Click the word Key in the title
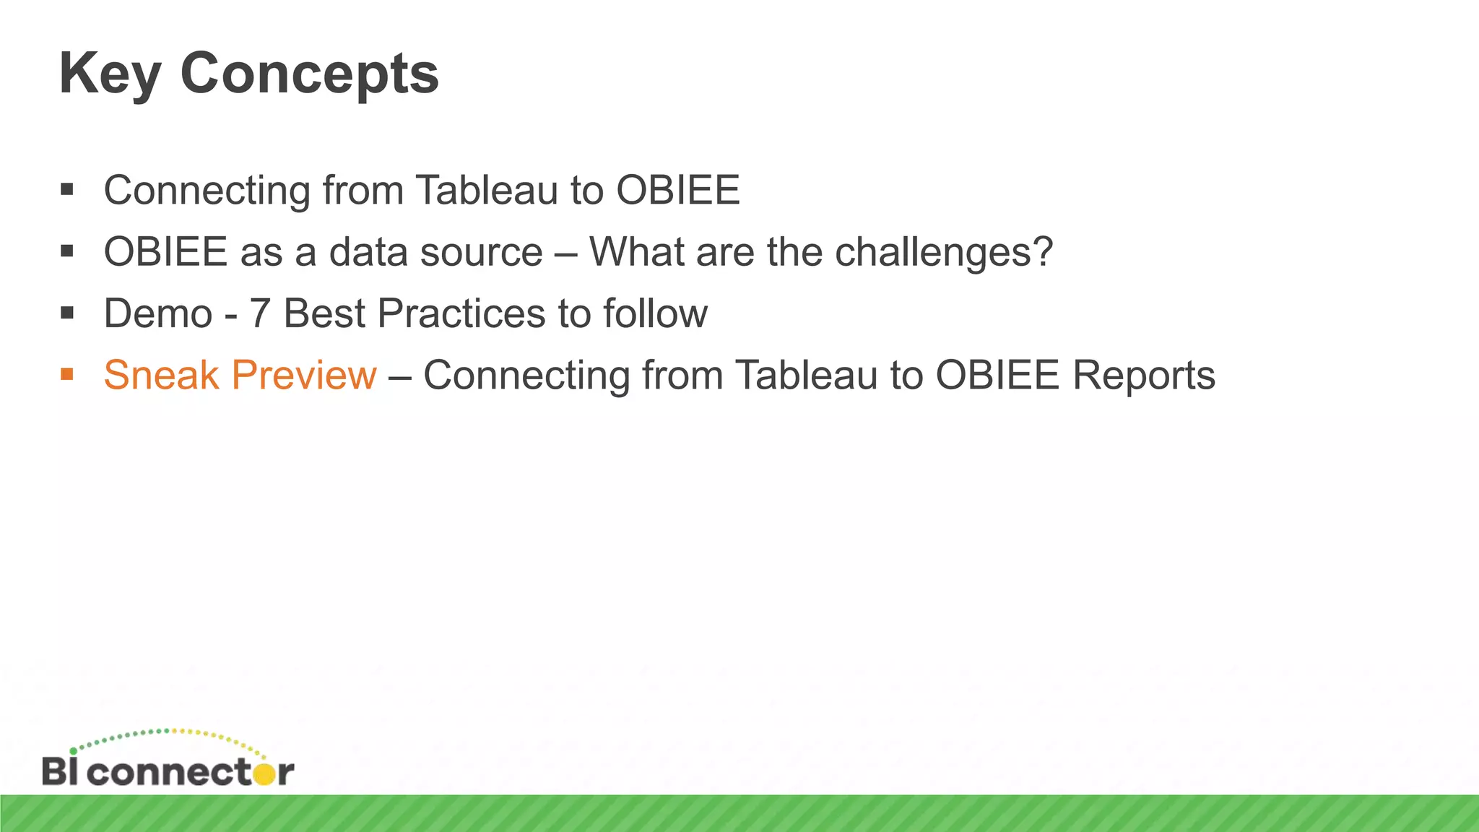click(109, 74)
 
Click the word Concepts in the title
click(309, 74)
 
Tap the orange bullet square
click(67, 374)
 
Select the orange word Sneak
click(161, 375)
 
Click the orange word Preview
click(304, 375)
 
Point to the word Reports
click(1143, 375)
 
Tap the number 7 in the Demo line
click(259, 313)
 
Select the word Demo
click(157, 313)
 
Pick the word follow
click(655, 313)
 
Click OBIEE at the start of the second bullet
click(165, 252)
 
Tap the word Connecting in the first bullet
click(207, 191)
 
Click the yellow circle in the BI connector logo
click(265, 773)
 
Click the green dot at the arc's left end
click(73, 751)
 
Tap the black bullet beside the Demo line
click(67, 313)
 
